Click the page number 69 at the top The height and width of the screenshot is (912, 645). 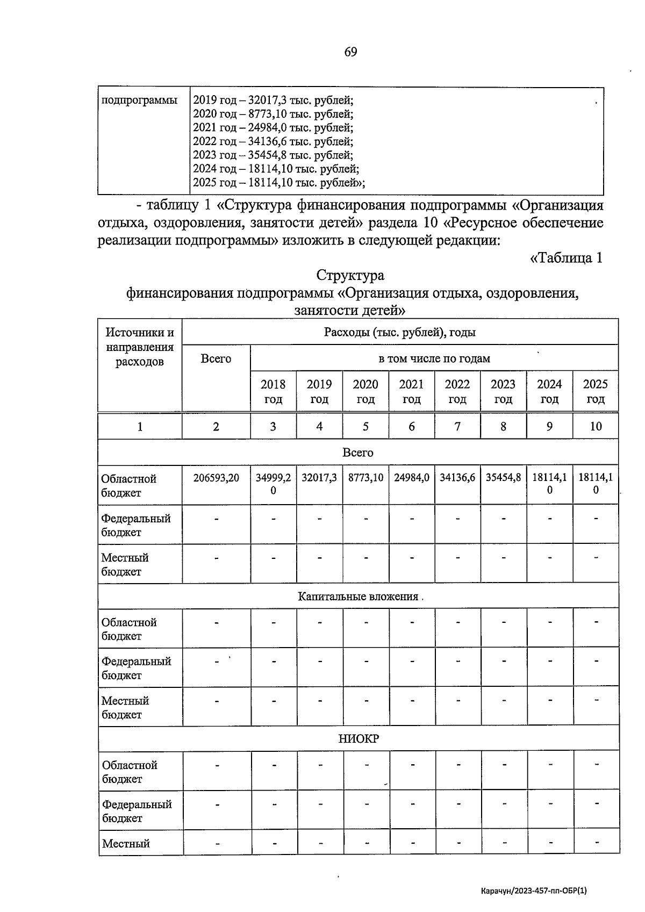350,52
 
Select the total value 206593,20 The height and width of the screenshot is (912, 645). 216,478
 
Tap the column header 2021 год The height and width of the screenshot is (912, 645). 411,392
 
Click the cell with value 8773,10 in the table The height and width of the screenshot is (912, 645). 365,478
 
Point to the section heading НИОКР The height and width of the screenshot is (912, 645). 359,739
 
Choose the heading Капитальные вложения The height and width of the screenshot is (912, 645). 358,597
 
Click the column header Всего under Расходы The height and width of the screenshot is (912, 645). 216,359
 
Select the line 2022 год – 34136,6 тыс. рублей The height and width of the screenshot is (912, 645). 273,142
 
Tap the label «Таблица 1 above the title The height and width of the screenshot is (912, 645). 566,258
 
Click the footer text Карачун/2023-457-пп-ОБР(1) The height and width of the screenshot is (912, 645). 534,891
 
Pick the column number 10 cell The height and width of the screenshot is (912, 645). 596,427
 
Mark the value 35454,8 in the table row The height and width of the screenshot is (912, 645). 503,478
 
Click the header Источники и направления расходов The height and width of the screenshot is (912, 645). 140,347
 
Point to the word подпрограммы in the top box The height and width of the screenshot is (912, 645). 139,100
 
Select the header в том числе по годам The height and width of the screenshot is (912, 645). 434,358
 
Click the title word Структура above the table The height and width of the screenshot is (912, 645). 350,276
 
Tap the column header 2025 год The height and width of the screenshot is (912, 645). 596,392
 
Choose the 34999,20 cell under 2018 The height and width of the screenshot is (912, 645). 273,484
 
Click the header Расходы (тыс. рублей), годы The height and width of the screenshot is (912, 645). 399,333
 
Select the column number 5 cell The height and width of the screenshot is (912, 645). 365,427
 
